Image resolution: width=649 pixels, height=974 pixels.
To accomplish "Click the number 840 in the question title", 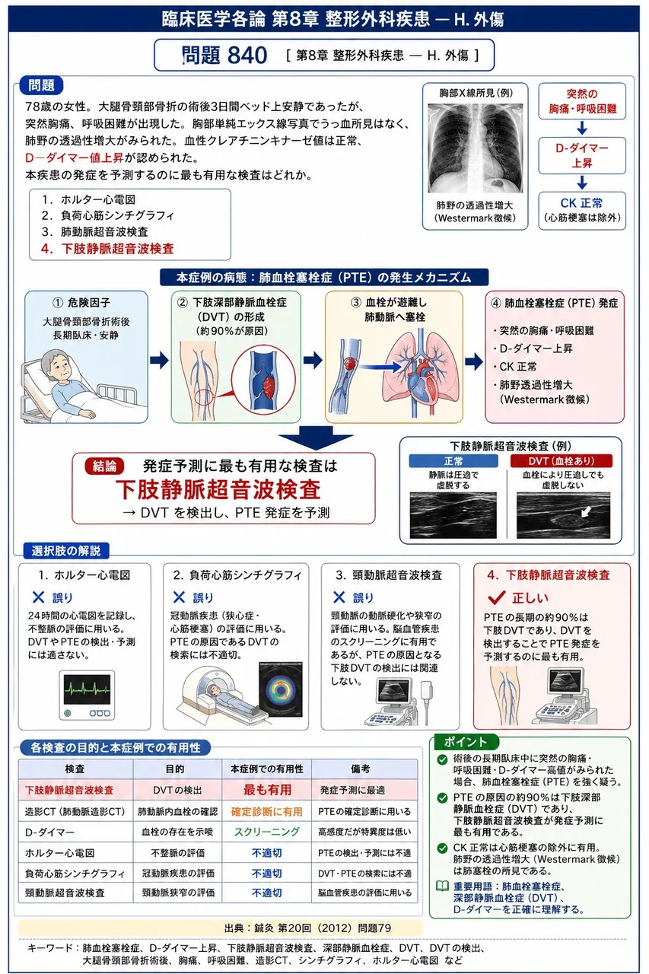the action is (x=247, y=56).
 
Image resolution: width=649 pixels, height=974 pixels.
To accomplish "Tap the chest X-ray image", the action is (x=475, y=148).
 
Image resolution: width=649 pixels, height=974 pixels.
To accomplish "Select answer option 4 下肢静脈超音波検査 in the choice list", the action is (x=107, y=249).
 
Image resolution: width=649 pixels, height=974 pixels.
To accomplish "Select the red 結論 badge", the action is (x=104, y=466).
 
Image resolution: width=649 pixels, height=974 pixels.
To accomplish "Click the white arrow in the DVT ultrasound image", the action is (x=587, y=511).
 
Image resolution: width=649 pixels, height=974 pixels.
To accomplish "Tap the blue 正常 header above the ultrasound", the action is (x=453, y=461).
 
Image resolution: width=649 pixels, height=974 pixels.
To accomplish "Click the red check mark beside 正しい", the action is (x=496, y=598).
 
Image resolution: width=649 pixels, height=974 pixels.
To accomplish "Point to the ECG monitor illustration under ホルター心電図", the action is (x=87, y=695).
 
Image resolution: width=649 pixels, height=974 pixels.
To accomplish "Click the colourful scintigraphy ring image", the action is (x=281, y=690).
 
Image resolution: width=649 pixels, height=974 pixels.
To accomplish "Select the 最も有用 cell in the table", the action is (x=267, y=790).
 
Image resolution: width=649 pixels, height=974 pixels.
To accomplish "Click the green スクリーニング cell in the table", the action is (x=267, y=832).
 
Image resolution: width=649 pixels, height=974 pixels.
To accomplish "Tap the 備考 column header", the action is (x=361, y=769).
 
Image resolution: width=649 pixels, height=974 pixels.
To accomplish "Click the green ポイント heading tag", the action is (x=465, y=742).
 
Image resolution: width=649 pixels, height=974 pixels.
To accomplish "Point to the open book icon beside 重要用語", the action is (x=443, y=886).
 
